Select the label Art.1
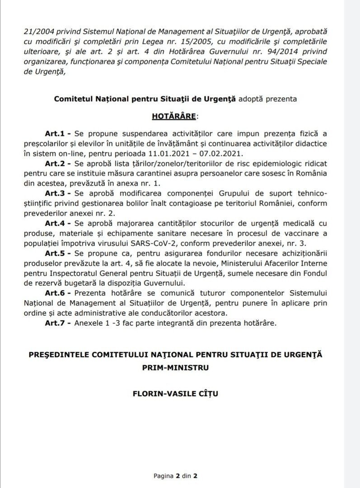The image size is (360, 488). tap(53, 134)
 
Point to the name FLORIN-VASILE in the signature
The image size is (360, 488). tap(158, 394)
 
